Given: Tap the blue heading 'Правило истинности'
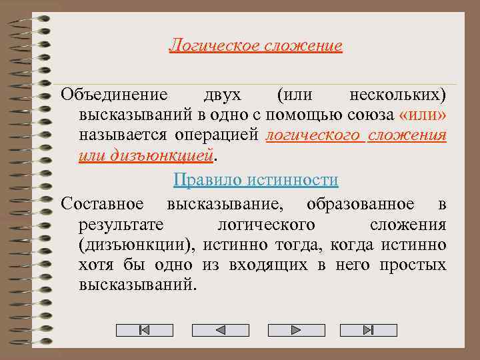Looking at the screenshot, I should (x=255, y=180).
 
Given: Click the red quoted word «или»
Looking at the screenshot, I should (x=423, y=115).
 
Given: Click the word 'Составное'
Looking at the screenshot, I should (x=103, y=203).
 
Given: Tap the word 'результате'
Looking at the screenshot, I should (x=121, y=224).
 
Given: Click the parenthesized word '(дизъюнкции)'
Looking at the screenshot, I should (x=137, y=245).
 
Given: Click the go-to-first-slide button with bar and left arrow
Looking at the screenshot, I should (x=144, y=330).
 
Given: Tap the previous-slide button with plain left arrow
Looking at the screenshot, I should (x=220, y=330).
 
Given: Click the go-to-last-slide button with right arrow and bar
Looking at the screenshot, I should (x=368, y=330).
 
